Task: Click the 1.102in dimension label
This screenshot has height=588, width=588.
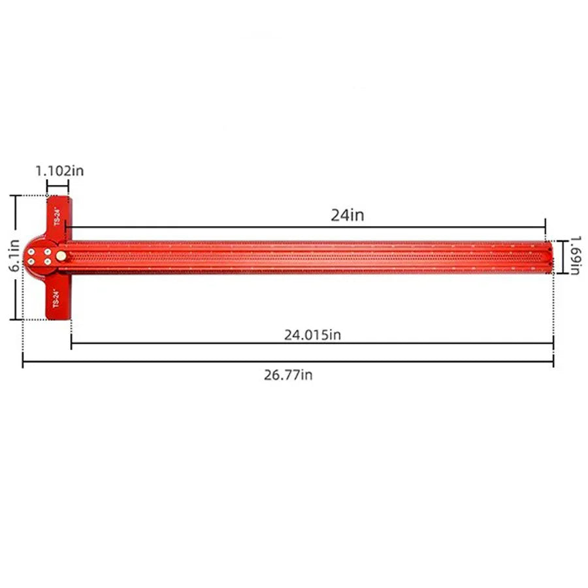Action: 59,171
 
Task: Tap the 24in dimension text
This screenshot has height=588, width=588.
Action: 347,215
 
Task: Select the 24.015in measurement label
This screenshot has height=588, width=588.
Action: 312,335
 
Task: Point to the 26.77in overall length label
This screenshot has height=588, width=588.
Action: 288,375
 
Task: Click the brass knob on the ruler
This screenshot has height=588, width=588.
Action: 61,255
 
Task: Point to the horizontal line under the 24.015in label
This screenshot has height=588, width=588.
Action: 312,344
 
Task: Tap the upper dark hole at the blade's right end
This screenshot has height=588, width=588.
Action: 547,249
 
